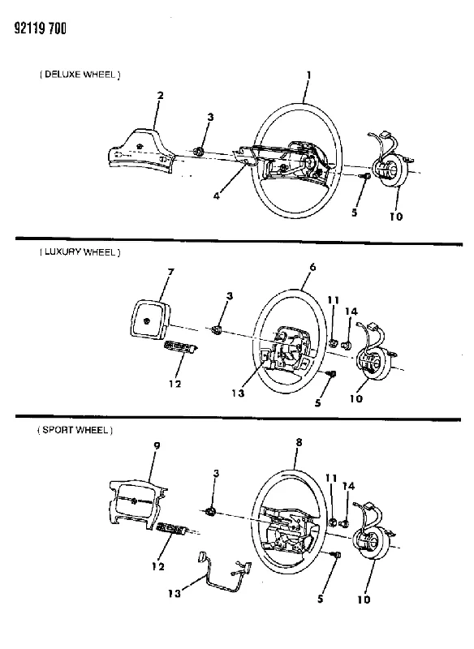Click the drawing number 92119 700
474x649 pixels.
coord(40,28)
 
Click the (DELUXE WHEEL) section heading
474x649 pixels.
coord(80,75)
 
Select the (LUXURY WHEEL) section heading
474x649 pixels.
coord(80,252)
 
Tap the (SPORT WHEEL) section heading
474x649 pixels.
coord(75,430)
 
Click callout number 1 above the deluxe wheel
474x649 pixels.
coord(308,75)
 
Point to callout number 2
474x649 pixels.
coord(160,95)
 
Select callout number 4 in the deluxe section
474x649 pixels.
coord(217,196)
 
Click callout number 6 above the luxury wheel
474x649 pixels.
coord(312,267)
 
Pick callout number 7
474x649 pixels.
coord(170,272)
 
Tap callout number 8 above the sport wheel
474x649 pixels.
coord(299,442)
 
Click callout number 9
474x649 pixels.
coord(157,445)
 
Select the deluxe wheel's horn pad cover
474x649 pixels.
coord(141,152)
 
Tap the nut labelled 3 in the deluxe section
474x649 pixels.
coord(199,152)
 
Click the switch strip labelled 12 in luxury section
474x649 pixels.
coord(181,347)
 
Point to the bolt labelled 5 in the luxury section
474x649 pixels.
coord(331,374)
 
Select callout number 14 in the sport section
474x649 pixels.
coord(348,486)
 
